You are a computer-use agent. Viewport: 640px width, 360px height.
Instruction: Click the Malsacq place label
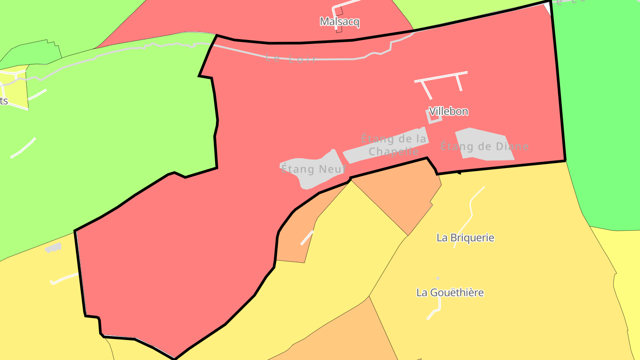tap(340, 22)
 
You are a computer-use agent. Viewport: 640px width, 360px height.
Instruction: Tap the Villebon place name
tap(448, 111)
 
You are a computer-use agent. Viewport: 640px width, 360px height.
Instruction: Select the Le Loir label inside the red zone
tap(291, 58)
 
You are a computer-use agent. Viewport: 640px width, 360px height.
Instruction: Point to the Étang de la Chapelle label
tap(393, 145)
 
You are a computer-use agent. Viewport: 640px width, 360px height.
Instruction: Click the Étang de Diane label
tap(484, 146)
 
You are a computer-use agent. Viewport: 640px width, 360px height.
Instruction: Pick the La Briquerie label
tap(465, 238)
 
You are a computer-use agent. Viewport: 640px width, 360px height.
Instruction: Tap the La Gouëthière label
tap(450, 292)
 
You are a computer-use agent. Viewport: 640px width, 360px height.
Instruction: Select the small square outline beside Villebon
tap(434, 116)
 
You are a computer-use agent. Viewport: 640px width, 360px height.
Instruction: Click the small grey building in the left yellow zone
tap(53, 248)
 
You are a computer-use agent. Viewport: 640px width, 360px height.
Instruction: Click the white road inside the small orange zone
tap(307, 237)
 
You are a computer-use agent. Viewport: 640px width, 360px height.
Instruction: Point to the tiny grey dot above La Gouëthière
tap(437, 278)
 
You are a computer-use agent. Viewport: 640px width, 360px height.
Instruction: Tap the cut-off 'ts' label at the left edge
tap(4, 101)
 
